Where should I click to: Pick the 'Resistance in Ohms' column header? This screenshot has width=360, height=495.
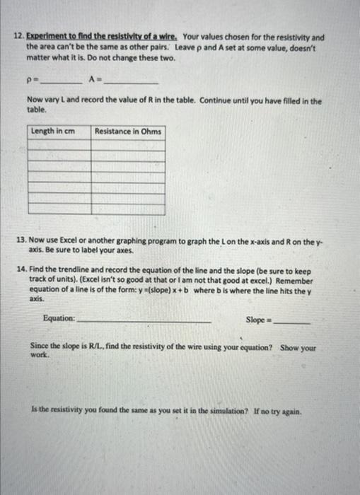[128, 132]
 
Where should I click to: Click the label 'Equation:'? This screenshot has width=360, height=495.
[59, 319]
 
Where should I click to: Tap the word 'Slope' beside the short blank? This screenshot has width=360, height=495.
[255, 320]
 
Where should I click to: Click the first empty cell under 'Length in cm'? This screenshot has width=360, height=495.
[59, 144]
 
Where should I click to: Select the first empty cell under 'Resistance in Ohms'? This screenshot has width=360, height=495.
[128, 144]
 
